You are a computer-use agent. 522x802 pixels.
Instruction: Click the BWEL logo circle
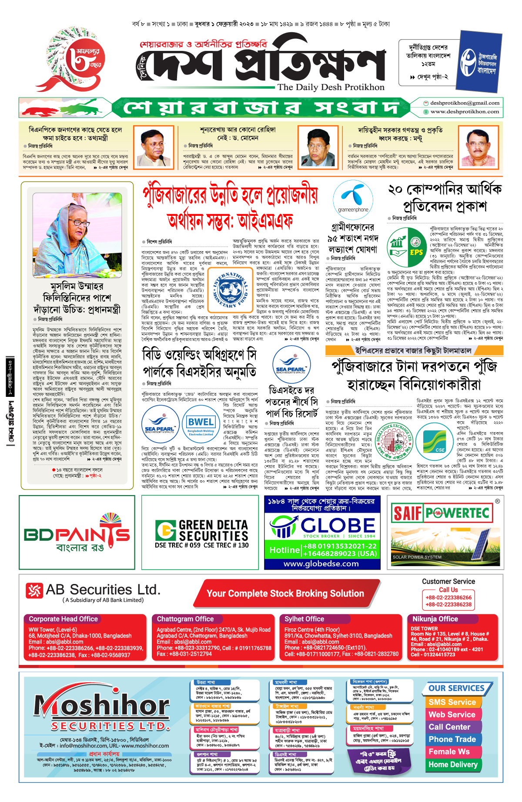[x=201, y=424]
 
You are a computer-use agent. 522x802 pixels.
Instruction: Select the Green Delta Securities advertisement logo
[x=202, y=532]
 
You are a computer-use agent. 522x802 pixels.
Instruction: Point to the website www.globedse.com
[x=321, y=564]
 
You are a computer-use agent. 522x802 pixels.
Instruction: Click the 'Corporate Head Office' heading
[x=63, y=619]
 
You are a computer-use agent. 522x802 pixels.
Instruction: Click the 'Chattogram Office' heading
[x=185, y=619]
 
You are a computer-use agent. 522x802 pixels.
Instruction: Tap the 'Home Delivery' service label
[x=453, y=764]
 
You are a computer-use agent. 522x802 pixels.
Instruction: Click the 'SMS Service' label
[x=452, y=702]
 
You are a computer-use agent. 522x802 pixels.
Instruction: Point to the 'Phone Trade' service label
[x=452, y=739]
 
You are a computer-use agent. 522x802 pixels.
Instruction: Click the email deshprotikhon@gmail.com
[x=465, y=103]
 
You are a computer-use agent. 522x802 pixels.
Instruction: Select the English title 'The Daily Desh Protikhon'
[x=331, y=87]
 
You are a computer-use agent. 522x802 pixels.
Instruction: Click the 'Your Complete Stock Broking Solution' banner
[x=285, y=594]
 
